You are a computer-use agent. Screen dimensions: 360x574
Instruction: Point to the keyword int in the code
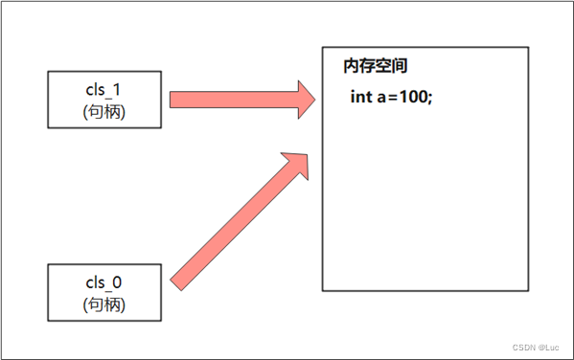[361, 97]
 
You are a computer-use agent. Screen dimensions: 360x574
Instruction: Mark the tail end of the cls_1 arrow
[172, 100]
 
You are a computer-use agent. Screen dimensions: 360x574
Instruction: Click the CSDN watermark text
[522, 348]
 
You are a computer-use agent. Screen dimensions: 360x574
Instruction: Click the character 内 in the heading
[351, 67]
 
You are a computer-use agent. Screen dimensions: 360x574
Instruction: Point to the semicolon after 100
[430, 98]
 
